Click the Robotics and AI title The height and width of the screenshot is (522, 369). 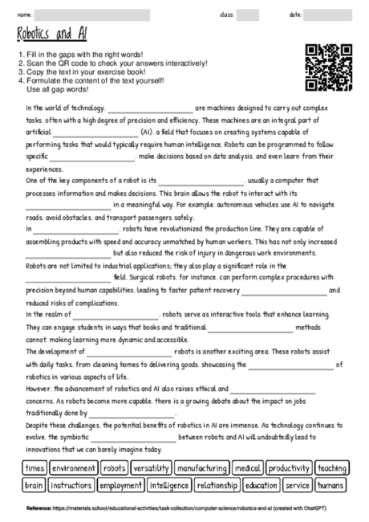[x=50, y=34]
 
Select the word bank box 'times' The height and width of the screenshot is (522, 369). [x=34, y=467]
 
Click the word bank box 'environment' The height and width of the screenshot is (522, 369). [x=73, y=467]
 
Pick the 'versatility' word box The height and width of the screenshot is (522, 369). [x=151, y=467]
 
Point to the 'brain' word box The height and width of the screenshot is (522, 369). [x=34, y=485]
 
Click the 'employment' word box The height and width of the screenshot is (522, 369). [x=121, y=485]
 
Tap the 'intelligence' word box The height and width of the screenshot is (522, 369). [x=169, y=485]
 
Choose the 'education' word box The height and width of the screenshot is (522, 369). [x=262, y=485]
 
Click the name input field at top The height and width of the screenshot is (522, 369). [x=92, y=14]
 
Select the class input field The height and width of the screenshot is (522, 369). [x=248, y=14]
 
